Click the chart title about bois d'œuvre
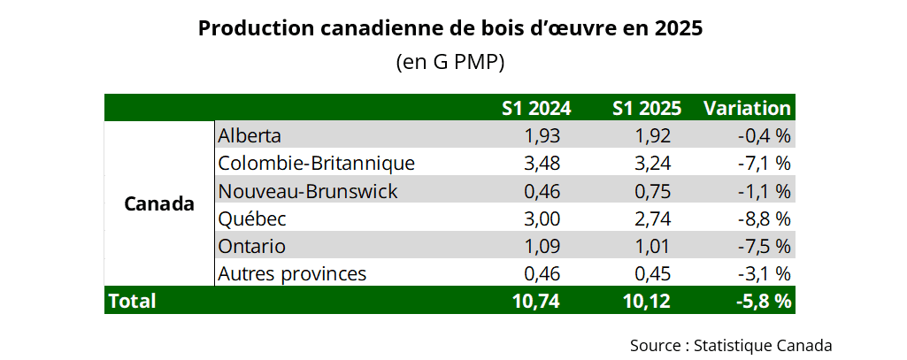click(450, 28)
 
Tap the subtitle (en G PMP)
click(450, 63)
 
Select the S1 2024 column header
click(536, 108)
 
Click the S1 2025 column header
click(646, 108)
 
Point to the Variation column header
click(747, 108)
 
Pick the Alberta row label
click(250, 136)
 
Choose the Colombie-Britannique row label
click(316, 164)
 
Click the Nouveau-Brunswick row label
click(308, 191)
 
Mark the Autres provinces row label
click(292, 273)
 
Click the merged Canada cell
click(159, 204)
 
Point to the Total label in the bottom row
click(132, 301)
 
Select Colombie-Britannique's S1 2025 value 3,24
click(653, 164)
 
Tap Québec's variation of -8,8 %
click(763, 218)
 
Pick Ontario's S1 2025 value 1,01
click(653, 246)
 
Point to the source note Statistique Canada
click(731, 344)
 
